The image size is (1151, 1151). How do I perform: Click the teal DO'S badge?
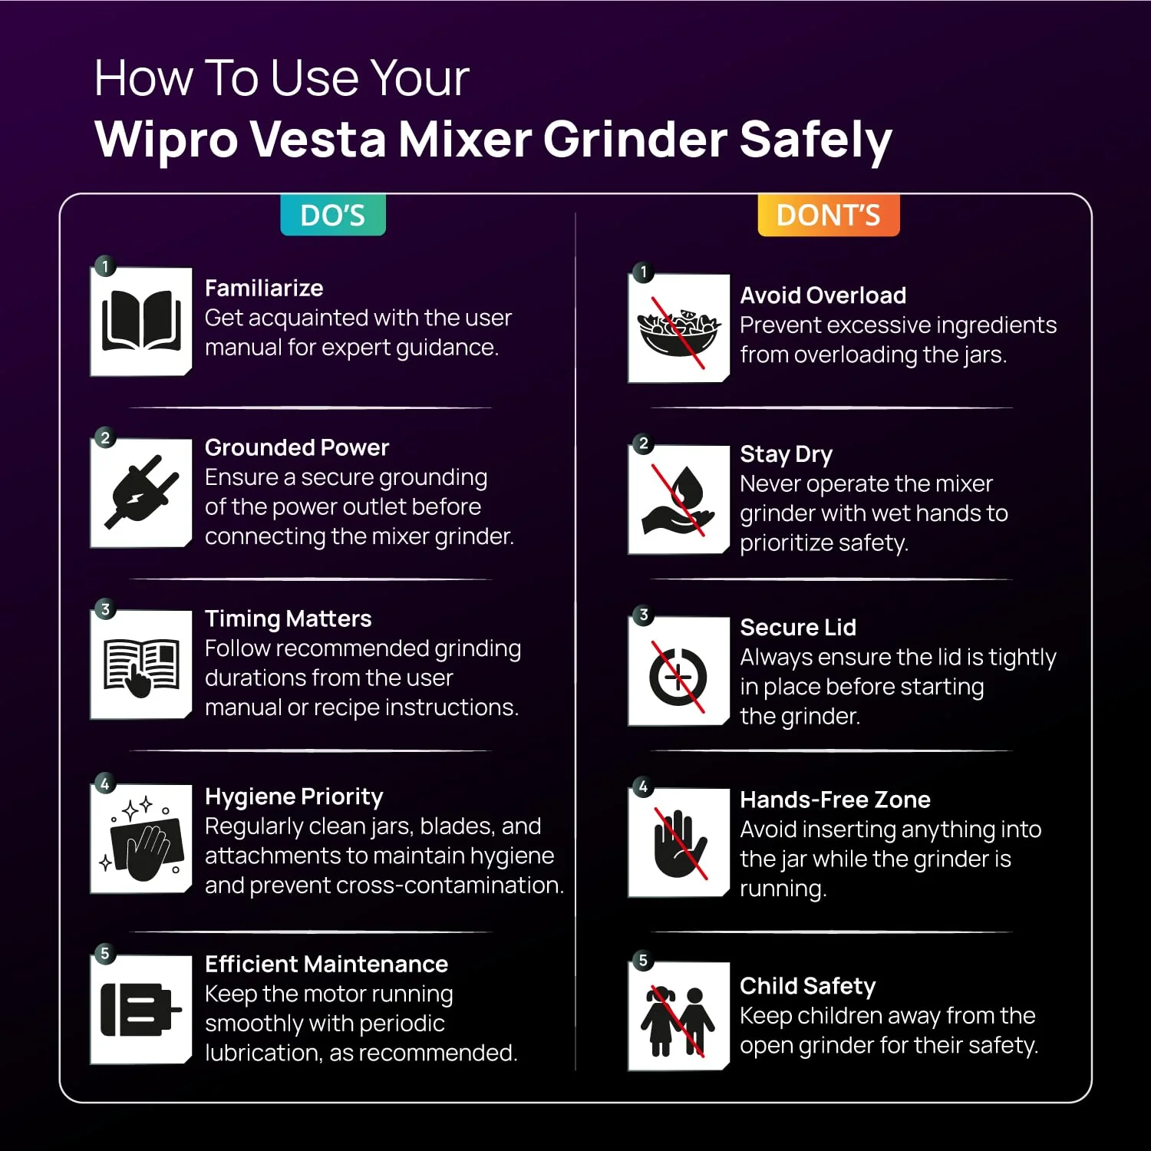pyautogui.click(x=333, y=215)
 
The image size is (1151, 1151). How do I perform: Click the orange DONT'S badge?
pyautogui.click(x=829, y=215)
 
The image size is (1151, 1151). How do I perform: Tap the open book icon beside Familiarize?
pyautogui.click(x=141, y=322)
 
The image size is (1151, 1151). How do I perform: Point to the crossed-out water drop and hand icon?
pyautogui.click(x=679, y=500)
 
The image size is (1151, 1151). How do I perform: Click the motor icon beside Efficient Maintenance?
pyautogui.click(x=141, y=1009)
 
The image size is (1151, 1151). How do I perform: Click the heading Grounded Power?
pyautogui.click(x=297, y=447)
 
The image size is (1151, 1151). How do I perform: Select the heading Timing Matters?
pyautogui.click(x=288, y=618)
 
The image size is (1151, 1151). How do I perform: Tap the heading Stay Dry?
pyautogui.click(x=786, y=454)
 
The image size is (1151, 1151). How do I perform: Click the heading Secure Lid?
pyautogui.click(x=798, y=627)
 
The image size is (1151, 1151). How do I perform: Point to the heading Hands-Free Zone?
pyautogui.click(x=835, y=800)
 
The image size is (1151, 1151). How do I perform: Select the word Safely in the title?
pyautogui.click(x=816, y=140)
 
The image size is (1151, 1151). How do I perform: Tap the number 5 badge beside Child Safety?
pyautogui.click(x=643, y=960)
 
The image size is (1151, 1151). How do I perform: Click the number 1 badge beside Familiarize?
pyautogui.click(x=105, y=266)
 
